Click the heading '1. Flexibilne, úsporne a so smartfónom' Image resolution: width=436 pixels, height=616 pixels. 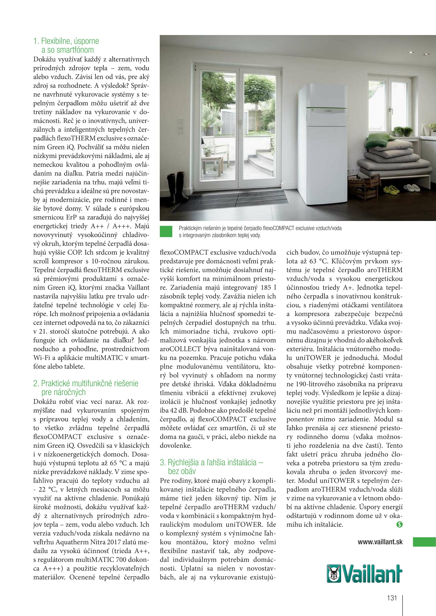coord(66,45)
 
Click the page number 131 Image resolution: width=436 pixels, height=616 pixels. coord(392,598)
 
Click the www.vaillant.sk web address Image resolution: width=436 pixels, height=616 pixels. coord(380,542)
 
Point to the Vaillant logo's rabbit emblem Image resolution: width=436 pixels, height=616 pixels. coord(334,574)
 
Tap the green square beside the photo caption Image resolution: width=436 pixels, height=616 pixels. coord(166,231)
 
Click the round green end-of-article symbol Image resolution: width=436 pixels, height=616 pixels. coord(399,524)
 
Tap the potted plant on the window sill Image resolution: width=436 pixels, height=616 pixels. coord(403,131)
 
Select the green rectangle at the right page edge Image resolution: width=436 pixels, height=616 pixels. coord(424,542)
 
